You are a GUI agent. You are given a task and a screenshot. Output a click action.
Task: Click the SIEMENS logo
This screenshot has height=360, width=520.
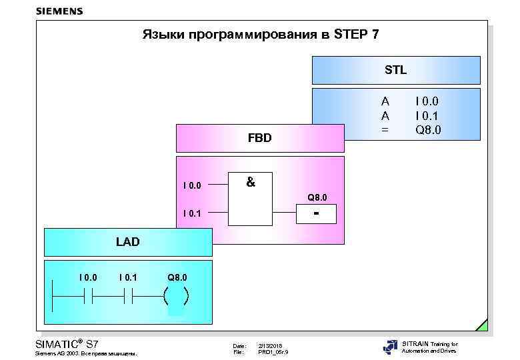pos(59,11)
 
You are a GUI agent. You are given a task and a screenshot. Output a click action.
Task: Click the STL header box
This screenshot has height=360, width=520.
pos(396,70)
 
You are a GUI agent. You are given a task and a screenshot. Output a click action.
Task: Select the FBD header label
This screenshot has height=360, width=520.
pos(259,139)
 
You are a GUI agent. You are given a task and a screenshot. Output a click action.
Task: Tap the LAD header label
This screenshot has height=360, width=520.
pos(127,242)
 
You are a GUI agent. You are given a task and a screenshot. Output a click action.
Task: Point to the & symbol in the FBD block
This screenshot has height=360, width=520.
pos(250,181)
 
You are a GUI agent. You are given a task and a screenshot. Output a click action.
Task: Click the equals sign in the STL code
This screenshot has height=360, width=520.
pos(385,129)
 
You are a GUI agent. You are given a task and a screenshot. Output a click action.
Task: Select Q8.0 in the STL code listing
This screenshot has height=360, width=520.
pos(428,129)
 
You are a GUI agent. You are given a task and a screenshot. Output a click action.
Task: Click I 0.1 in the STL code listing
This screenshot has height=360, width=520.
pos(427,115)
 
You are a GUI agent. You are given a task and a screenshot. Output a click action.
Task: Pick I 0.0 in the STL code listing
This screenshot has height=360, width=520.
pos(427,101)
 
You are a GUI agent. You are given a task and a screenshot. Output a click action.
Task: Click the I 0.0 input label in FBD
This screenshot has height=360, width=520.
pos(192,185)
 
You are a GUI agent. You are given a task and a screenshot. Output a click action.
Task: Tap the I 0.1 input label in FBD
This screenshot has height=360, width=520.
pos(192,213)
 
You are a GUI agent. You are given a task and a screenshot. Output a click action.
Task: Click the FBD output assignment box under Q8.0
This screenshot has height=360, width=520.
pos(316,214)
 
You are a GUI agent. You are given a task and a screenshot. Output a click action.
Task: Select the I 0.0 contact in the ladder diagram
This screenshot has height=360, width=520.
pos(88,295)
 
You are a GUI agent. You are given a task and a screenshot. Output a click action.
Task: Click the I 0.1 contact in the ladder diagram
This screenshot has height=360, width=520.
pos(128,295)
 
